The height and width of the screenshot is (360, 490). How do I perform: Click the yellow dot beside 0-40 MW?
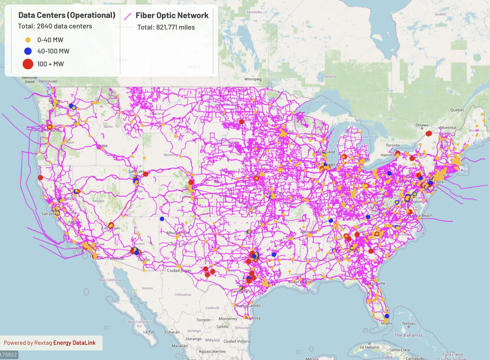(x=28, y=39)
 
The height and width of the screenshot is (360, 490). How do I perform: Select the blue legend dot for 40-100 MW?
(x=28, y=51)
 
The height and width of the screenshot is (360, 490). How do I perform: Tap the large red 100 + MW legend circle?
(x=28, y=64)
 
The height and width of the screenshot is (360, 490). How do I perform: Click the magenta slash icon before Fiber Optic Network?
(x=129, y=16)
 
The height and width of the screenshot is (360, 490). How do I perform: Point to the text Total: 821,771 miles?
(x=166, y=27)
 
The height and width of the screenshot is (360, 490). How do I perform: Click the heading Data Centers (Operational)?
(x=66, y=15)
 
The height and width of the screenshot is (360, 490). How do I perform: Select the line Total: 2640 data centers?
(x=55, y=26)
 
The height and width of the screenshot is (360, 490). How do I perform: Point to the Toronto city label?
(x=387, y=145)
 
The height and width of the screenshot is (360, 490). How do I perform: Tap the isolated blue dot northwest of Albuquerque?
(x=162, y=219)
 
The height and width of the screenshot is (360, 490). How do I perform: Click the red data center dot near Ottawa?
(x=429, y=133)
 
